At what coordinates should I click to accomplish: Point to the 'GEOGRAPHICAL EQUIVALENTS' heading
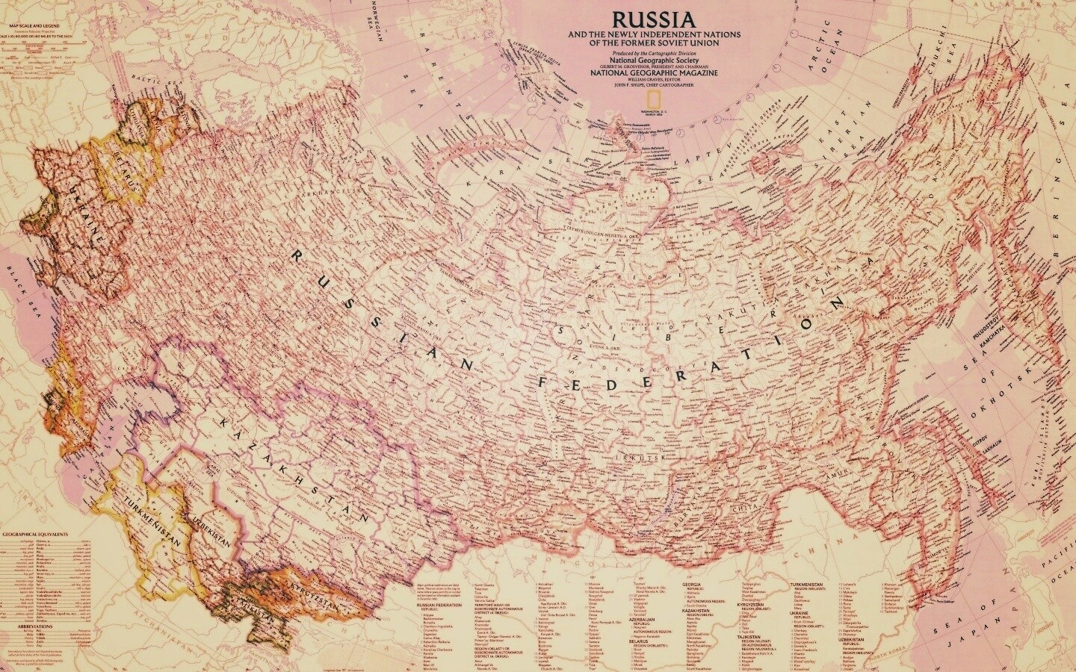pos(35,535)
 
